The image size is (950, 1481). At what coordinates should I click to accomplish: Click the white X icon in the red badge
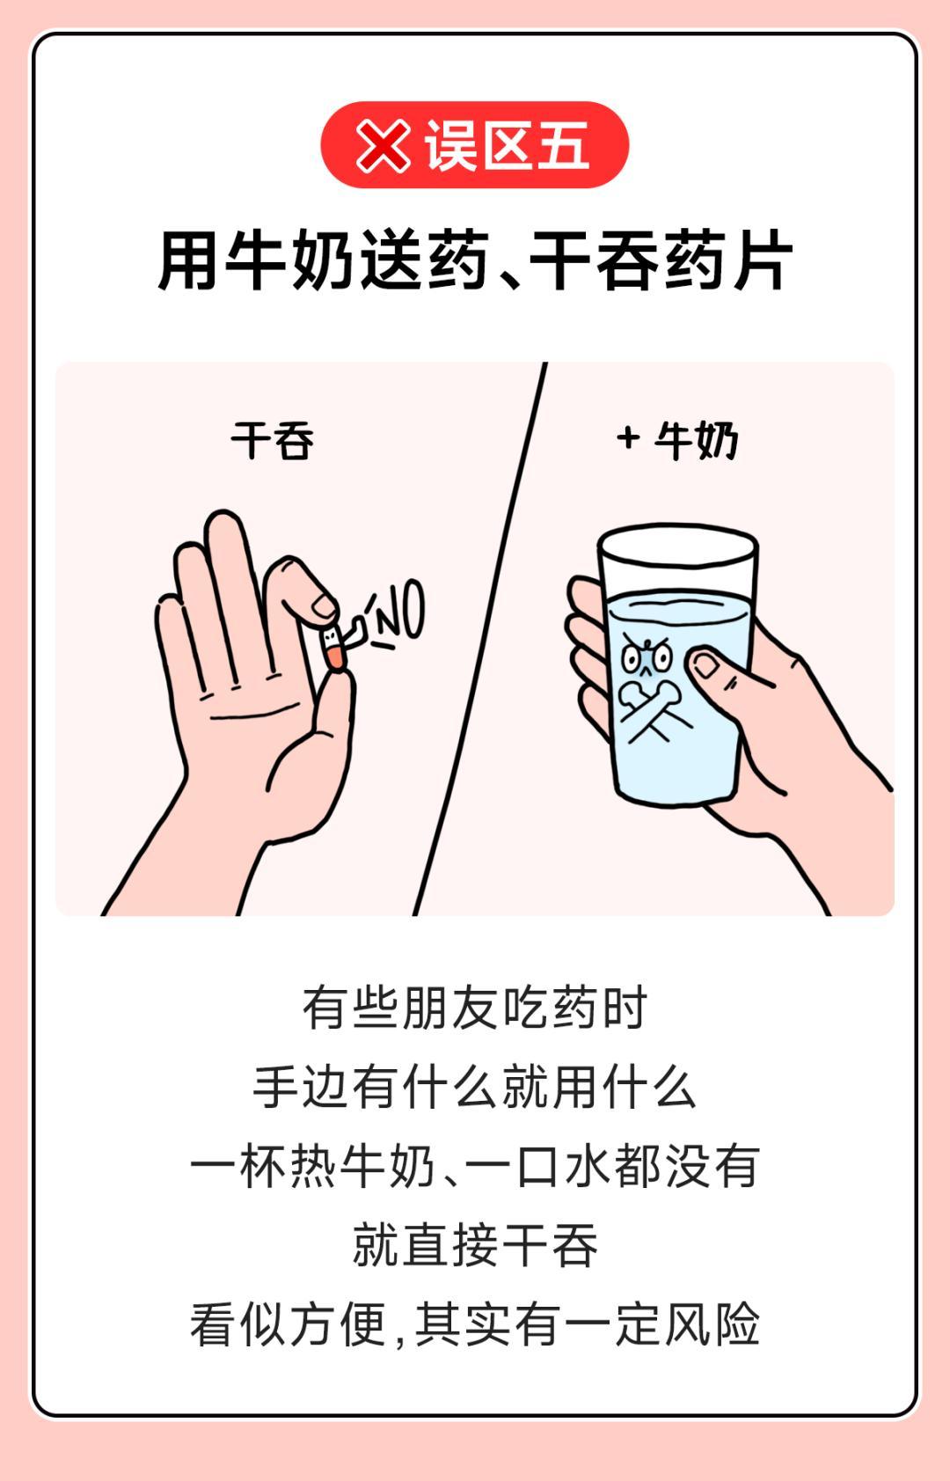tap(383, 145)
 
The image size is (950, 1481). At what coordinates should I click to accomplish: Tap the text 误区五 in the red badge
tap(507, 145)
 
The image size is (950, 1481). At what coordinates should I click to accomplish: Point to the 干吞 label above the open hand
tap(272, 440)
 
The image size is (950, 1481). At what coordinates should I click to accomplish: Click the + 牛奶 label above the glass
tap(677, 440)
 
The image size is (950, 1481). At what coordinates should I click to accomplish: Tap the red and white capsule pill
tap(332, 648)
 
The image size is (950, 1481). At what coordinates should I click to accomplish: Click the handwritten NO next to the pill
tap(396, 609)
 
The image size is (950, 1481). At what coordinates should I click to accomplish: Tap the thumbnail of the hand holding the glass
tap(705, 664)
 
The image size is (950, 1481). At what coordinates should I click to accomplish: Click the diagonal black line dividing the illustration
tap(480, 639)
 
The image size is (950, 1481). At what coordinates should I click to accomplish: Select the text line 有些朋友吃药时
tap(475, 1008)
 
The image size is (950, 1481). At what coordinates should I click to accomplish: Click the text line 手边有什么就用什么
tap(475, 1088)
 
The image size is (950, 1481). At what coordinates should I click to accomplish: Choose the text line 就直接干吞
tap(475, 1246)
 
